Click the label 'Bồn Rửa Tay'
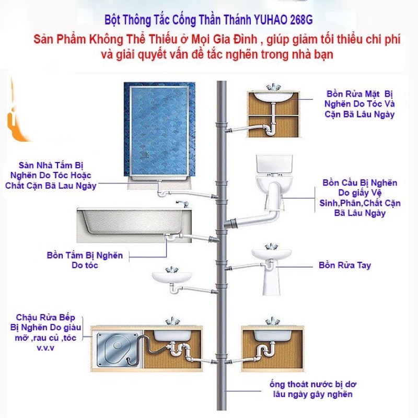pyautogui.click(x=345, y=265)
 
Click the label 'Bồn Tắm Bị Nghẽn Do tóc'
pyautogui.click(x=85, y=260)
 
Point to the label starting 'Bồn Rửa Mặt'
pyautogui.click(x=360, y=103)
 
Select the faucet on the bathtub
pyautogui.click(x=179, y=203)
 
